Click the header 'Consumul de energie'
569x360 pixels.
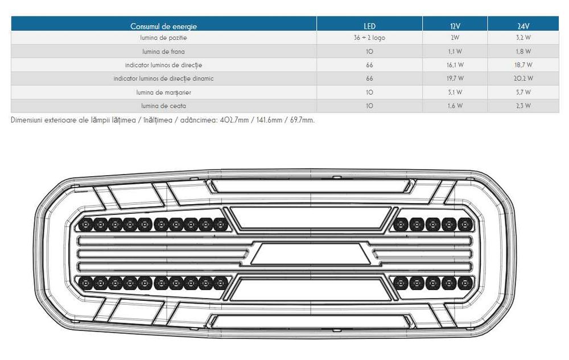(x=164, y=26)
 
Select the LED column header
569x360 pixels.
(x=369, y=26)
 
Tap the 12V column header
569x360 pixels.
(x=455, y=26)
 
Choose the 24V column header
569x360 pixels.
(x=523, y=26)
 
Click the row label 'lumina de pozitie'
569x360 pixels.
(x=164, y=38)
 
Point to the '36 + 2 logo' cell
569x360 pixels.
(x=369, y=38)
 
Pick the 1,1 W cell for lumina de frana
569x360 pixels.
(x=455, y=52)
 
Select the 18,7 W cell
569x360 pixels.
(x=523, y=65)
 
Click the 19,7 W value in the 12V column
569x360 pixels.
(x=455, y=78)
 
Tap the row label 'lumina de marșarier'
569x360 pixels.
(x=164, y=93)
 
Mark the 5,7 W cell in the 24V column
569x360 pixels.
(x=523, y=92)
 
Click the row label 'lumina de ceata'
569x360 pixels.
(x=164, y=106)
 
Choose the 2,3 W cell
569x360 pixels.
(x=523, y=106)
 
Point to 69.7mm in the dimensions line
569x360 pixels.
(x=302, y=120)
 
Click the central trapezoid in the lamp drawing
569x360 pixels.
(x=311, y=254)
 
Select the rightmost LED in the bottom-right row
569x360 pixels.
(x=465, y=283)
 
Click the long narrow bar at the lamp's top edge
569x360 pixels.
(x=310, y=186)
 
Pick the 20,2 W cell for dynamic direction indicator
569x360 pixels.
(x=523, y=78)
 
